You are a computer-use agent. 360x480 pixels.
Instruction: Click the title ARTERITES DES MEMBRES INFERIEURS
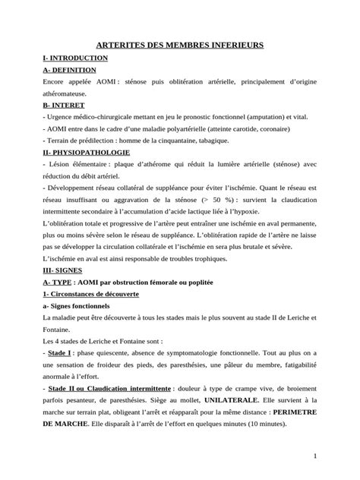(x=179, y=46)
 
